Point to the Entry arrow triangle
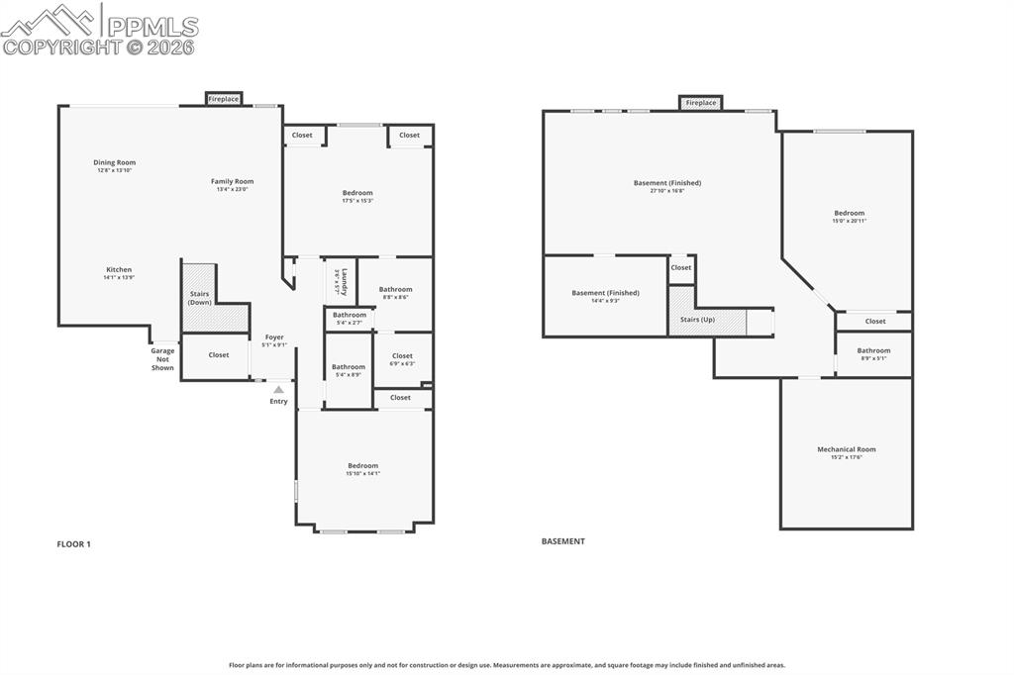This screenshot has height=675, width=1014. click(x=278, y=390)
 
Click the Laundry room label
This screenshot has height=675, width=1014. click(x=340, y=281)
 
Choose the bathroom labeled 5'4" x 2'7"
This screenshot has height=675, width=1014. click(x=349, y=319)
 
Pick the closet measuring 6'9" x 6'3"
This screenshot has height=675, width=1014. click(x=402, y=359)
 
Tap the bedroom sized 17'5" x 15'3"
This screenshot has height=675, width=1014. click(x=357, y=196)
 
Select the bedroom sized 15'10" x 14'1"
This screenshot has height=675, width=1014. click(x=362, y=469)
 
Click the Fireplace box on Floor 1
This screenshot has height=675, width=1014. click(x=224, y=99)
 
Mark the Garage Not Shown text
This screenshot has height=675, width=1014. click(x=162, y=359)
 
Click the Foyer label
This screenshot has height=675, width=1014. click(x=274, y=340)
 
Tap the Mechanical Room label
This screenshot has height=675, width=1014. click(x=846, y=452)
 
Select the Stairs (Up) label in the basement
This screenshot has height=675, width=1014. click(x=697, y=320)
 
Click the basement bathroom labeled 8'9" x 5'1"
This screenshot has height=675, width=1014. click(x=873, y=353)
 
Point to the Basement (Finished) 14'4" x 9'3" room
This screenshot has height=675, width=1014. click(x=605, y=296)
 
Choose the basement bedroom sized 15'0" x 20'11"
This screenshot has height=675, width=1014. click(x=849, y=216)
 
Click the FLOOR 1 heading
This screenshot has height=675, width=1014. click(x=74, y=543)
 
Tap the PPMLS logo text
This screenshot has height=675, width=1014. click(x=152, y=27)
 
